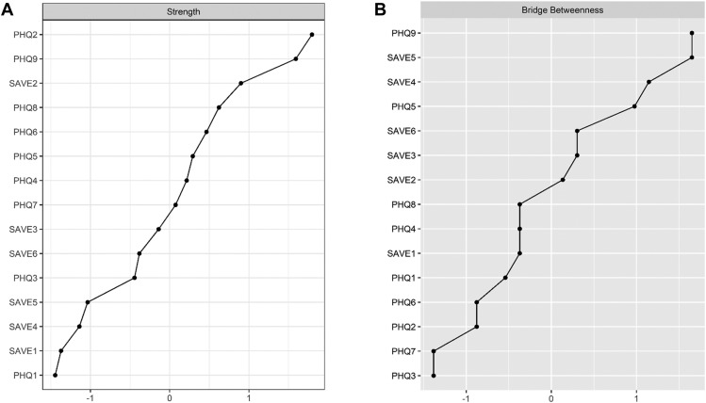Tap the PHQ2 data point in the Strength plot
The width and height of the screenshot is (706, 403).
[312, 35]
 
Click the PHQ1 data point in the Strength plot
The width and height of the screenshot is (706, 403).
[56, 376]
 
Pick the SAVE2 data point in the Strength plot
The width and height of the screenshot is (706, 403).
[241, 83]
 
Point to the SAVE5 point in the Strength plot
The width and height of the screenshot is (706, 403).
[88, 302]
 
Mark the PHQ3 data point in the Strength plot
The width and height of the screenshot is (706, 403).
[135, 278]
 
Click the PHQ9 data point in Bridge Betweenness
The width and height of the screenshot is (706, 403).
[692, 33]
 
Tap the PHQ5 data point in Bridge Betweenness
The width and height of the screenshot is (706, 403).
[634, 106]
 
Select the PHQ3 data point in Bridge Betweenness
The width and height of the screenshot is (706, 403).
[434, 376]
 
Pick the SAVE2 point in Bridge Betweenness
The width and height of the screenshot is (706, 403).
[563, 180]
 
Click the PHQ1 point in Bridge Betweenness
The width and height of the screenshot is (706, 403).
[505, 278]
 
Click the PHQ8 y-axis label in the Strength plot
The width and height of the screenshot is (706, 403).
[25, 107]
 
